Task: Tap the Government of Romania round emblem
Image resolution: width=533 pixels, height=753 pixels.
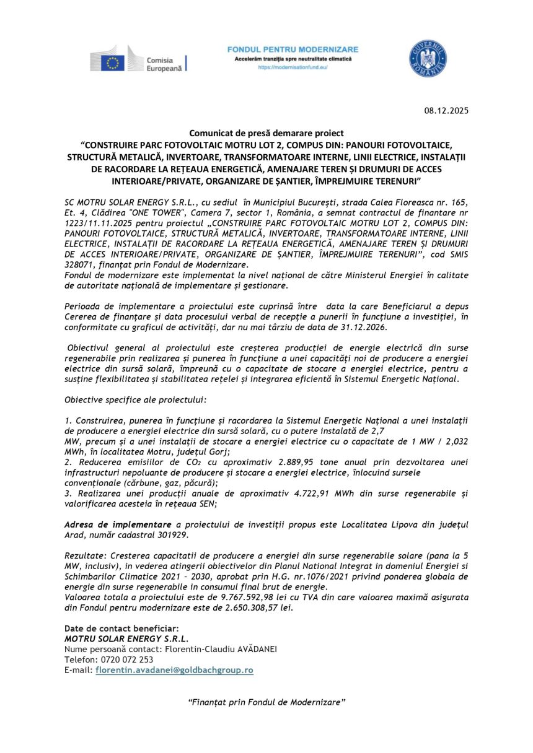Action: click(x=428, y=58)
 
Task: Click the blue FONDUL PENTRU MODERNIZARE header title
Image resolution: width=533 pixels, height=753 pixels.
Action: click(x=293, y=49)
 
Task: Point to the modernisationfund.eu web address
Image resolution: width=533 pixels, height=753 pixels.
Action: click(x=293, y=67)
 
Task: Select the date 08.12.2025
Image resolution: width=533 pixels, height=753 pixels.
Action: click(x=447, y=111)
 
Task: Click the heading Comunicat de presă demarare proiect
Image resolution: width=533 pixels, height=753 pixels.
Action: click(x=266, y=133)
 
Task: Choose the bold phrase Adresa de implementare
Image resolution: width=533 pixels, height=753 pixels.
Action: click(x=118, y=524)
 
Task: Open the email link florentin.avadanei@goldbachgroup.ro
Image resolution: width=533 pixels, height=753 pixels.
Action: click(x=174, y=670)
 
